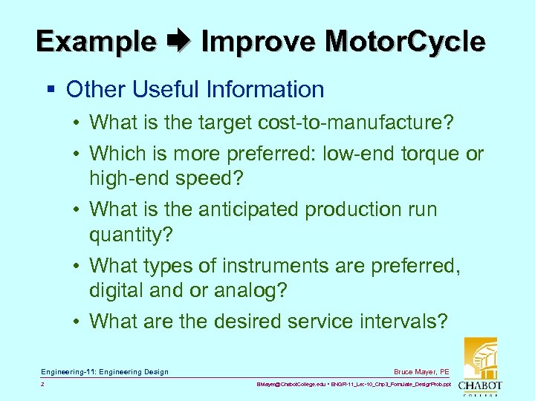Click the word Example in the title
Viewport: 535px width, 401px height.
coord(96,41)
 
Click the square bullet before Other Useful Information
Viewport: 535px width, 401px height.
coord(51,91)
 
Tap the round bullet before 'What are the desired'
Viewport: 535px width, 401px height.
coord(78,322)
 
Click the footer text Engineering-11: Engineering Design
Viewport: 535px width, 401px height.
coord(105,371)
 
